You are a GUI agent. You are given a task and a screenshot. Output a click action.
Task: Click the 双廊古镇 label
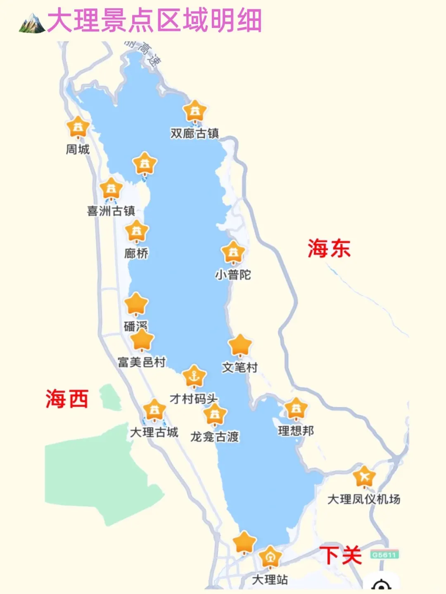pyautogui.click(x=195, y=133)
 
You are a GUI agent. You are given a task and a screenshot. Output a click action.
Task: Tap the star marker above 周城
pyautogui.click(x=78, y=127)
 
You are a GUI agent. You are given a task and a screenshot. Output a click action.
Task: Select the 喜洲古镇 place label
pyautogui.click(x=111, y=211)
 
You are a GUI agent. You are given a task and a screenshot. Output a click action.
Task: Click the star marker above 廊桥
pyautogui.click(x=137, y=231)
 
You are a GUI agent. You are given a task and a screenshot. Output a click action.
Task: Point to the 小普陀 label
pyautogui.click(x=233, y=275)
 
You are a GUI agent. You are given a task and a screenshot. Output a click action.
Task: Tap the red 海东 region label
pyautogui.click(x=329, y=248)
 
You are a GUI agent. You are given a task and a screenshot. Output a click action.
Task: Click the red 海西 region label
pyautogui.click(x=67, y=399)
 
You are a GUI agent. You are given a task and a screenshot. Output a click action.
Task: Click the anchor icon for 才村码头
pyautogui.click(x=194, y=376)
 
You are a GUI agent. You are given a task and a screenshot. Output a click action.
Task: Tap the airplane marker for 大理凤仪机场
pyautogui.click(x=364, y=477)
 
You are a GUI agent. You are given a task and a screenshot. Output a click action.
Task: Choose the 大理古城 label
pyautogui.click(x=154, y=432)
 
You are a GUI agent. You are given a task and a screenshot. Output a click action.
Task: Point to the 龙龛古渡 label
pyautogui.click(x=215, y=436)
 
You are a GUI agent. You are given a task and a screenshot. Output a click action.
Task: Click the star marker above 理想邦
pyautogui.click(x=296, y=409)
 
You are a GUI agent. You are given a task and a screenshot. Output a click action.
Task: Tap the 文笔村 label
pyautogui.click(x=240, y=367)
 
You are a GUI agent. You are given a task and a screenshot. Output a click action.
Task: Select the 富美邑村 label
pyautogui.click(x=142, y=362)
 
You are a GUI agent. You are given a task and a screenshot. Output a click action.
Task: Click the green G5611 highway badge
pyautogui.click(x=384, y=555)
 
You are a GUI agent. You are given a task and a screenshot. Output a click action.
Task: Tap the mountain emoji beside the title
pyautogui.click(x=32, y=23)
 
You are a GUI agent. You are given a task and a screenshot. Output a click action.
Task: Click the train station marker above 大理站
pyautogui.click(x=270, y=557)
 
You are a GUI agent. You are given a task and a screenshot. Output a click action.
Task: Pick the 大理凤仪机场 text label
pyautogui.click(x=364, y=499)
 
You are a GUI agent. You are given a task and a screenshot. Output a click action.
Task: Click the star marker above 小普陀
pyautogui.click(x=233, y=252)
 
